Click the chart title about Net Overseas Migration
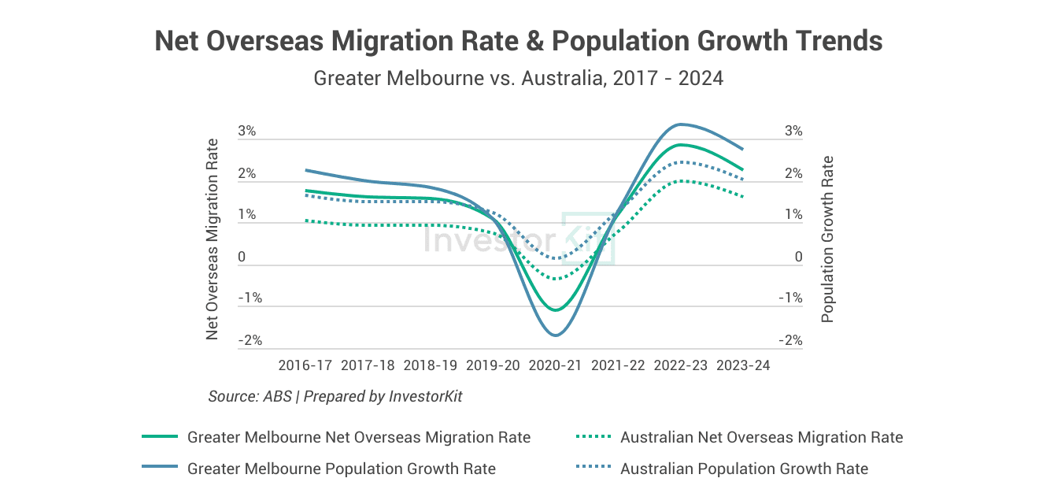point(519,42)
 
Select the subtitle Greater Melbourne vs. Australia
point(519,79)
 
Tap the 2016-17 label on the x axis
point(305,365)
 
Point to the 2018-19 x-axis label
point(430,365)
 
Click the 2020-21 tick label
point(556,365)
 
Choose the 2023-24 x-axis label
point(743,365)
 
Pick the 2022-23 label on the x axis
point(681,365)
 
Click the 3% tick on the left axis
point(247,131)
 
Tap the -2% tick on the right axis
point(790,340)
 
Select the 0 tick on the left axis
point(242,257)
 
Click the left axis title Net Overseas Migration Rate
point(213,239)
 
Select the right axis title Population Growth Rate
point(827,239)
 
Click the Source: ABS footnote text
point(335,396)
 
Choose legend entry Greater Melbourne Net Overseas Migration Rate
point(359,437)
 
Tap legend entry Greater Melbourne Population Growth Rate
point(342,469)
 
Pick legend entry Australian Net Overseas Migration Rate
point(761,437)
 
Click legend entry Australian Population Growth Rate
point(744,469)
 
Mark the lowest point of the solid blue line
point(556,335)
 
